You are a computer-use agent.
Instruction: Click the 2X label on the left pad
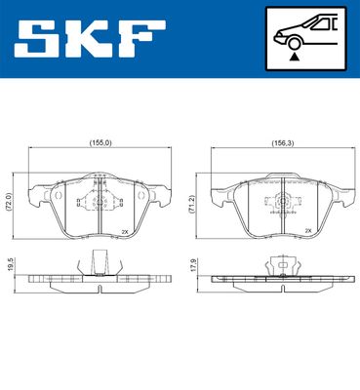point(124,231)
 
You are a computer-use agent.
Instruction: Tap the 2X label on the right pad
point(308,231)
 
